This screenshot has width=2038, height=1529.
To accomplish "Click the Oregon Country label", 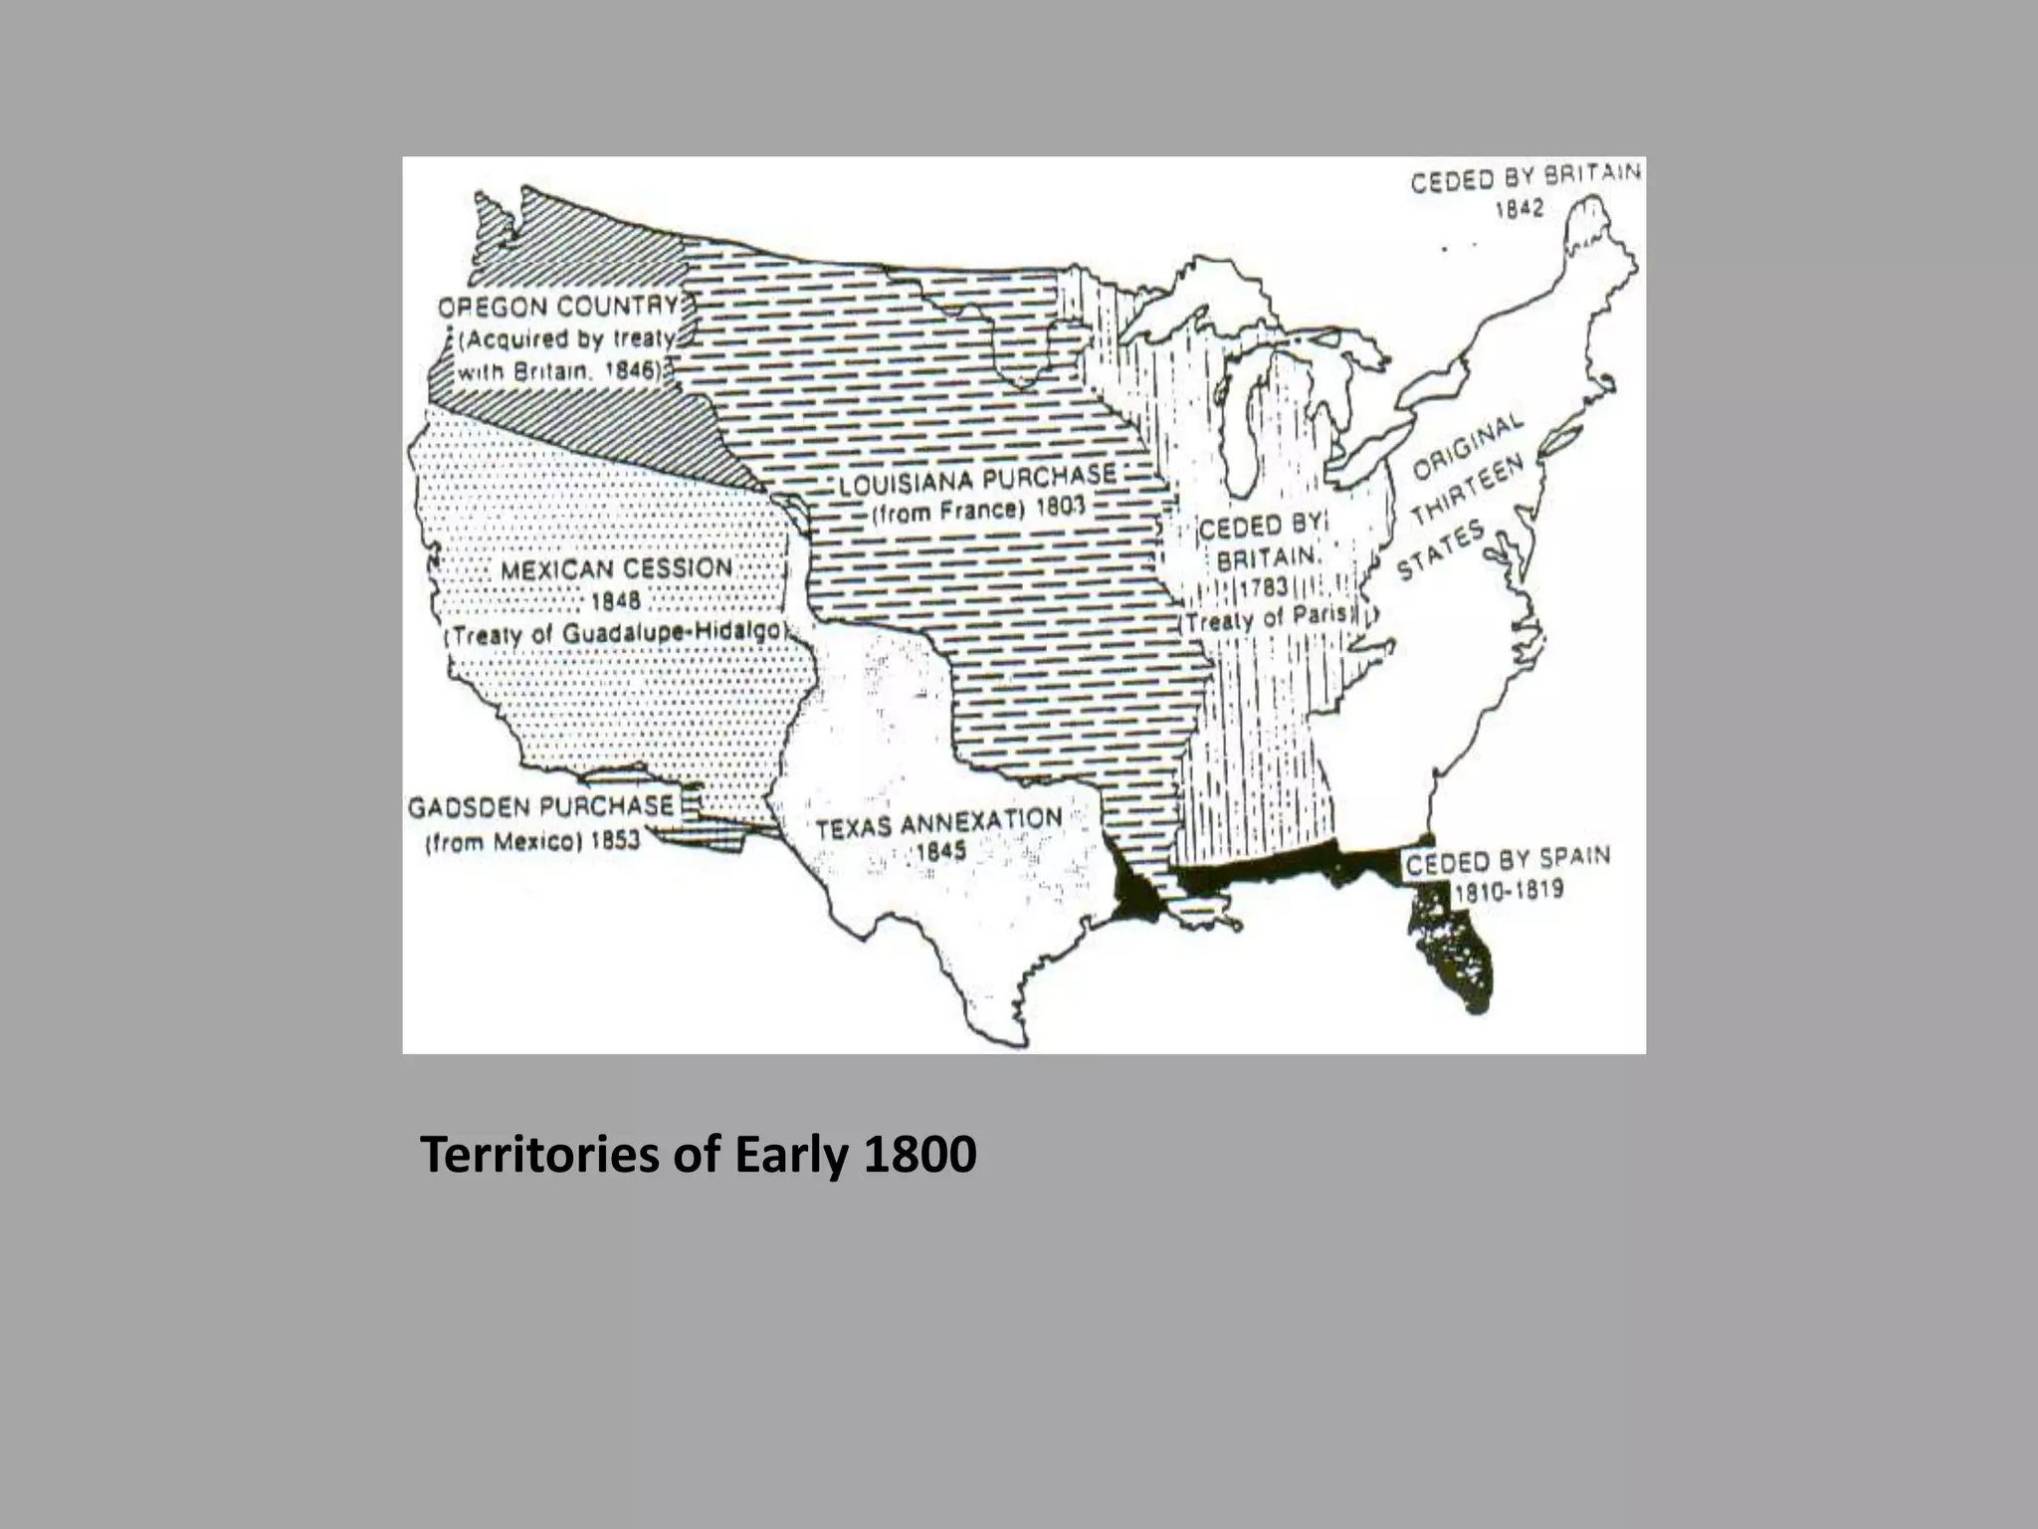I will point(558,307).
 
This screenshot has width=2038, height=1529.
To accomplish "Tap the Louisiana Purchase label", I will point(977,482).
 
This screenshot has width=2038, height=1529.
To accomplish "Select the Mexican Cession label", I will point(616,569).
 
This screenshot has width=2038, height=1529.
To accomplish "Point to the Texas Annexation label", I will point(938,823).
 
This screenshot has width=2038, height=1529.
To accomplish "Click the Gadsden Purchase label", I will point(541,806).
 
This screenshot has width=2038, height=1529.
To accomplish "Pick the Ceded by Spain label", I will point(1508,859).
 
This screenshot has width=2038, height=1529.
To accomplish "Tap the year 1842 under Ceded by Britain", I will point(1519,208).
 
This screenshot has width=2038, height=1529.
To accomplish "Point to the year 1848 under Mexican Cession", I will point(616,601).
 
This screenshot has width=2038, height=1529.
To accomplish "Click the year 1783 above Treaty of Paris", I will point(1264,587).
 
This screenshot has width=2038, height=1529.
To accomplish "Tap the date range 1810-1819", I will point(1509,890).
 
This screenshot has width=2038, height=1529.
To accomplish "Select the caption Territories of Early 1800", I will point(698,1155).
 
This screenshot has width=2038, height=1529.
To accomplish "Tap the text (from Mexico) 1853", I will point(532,842).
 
